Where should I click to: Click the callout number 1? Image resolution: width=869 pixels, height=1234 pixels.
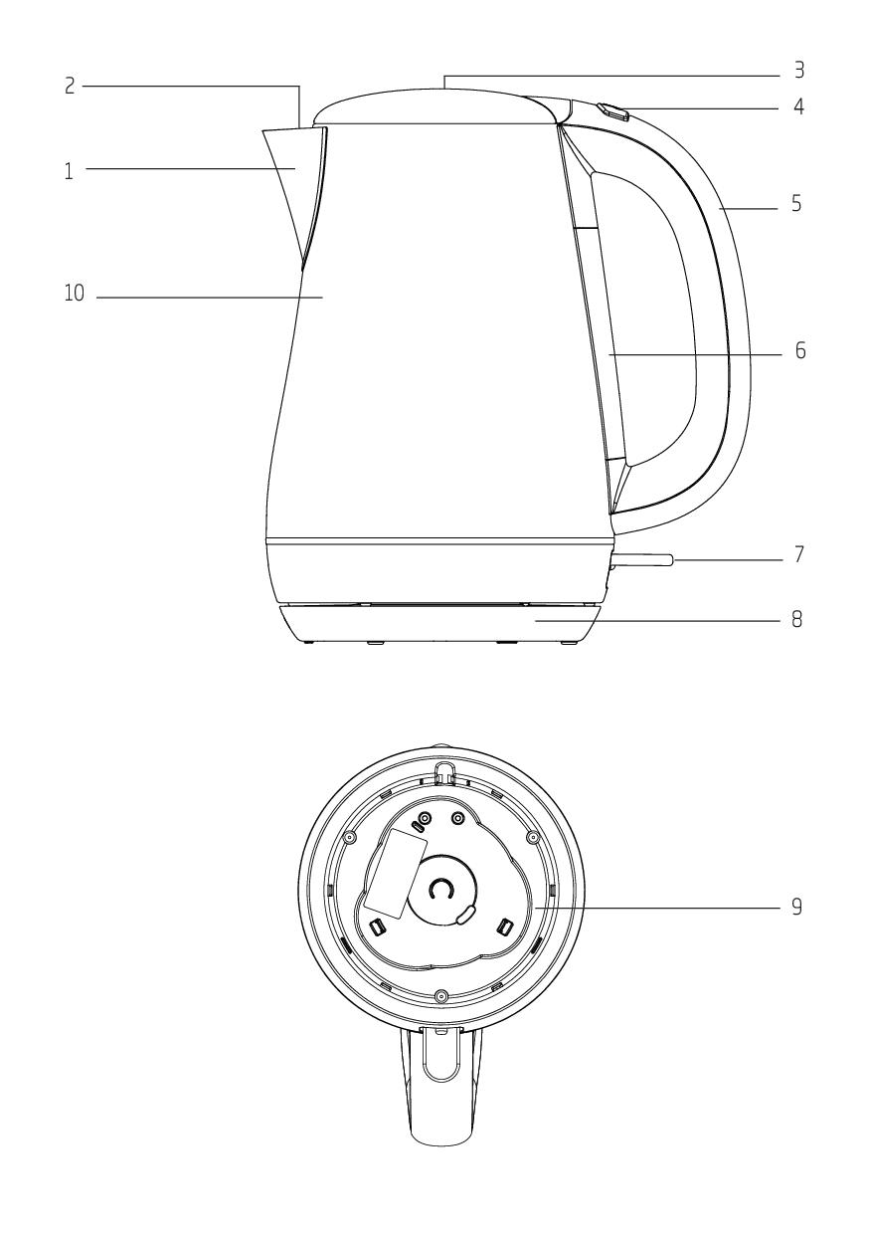[69, 171]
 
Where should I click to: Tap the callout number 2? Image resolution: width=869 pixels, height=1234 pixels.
[70, 86]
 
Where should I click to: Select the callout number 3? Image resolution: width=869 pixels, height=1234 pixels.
[799, 70]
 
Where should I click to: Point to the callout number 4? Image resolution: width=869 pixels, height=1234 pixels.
[798, 106]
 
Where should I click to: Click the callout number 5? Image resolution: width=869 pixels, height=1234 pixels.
[796, 204]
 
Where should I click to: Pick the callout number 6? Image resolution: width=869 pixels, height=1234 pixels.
[800, 350]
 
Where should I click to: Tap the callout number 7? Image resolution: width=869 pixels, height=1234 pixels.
[799, 554]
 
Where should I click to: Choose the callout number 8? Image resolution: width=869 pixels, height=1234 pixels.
[796, 620]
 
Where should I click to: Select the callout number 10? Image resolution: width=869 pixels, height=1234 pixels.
[75, 294]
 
